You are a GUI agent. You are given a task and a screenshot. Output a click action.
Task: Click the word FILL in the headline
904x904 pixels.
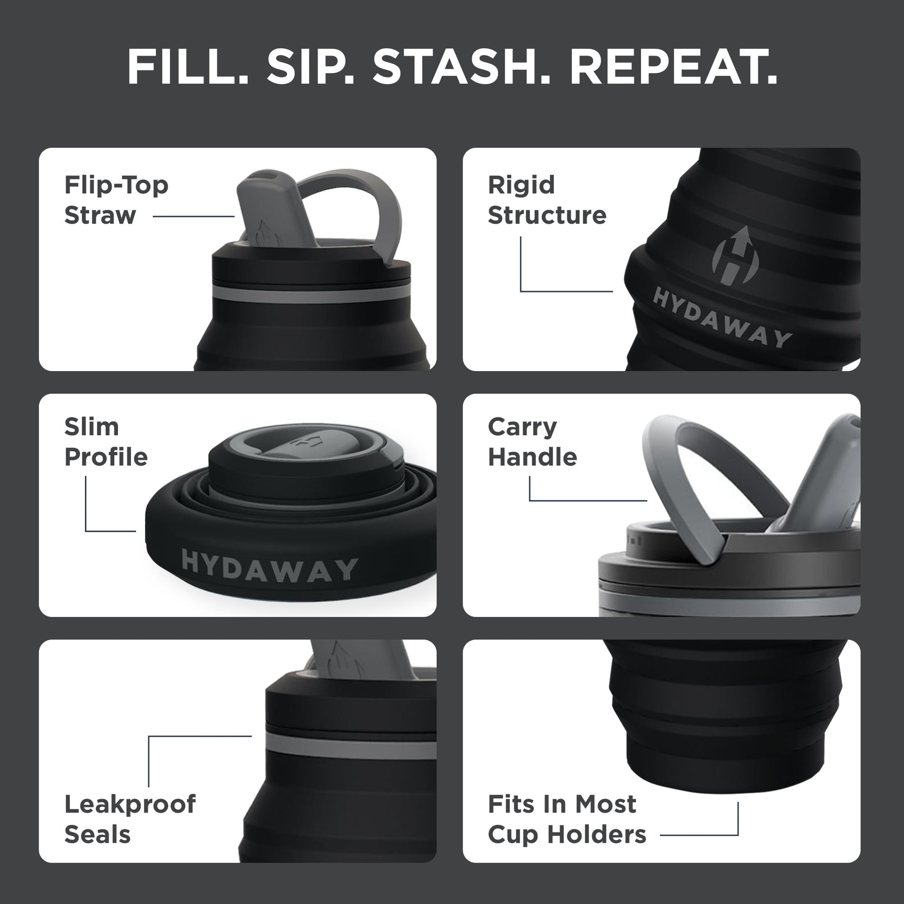(187, 67)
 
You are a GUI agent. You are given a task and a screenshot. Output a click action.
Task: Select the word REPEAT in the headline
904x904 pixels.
(673, 67)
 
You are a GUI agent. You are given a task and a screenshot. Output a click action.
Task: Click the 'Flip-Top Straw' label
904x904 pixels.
(116, 200)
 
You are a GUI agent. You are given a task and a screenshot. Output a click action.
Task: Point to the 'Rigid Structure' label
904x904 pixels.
(546, 200)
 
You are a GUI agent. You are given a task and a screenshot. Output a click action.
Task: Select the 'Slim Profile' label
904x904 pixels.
(106, 442)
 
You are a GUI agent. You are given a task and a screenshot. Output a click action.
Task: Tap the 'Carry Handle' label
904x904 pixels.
(532, 442)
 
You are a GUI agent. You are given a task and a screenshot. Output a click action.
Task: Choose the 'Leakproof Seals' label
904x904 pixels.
(130, 819)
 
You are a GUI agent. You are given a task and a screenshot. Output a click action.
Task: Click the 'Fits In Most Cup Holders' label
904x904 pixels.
(566, 819)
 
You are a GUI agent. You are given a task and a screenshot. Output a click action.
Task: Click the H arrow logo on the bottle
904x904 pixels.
(734, 256)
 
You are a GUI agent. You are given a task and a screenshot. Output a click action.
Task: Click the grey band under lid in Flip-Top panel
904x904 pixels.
(311, 295)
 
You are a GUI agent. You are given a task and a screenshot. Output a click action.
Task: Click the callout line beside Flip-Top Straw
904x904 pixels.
(193, 216)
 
